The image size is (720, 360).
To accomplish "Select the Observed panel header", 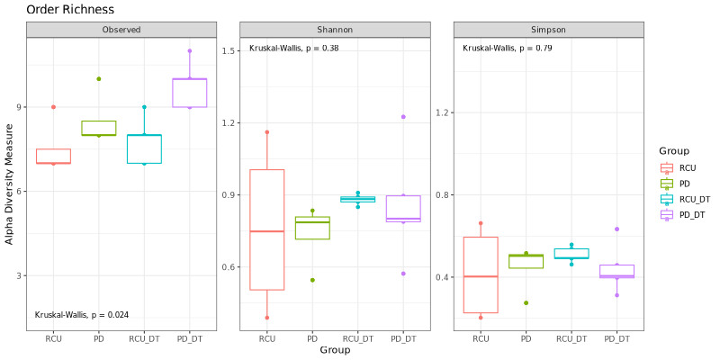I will click(121, 30).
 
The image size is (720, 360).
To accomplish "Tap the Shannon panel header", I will click(334, 30).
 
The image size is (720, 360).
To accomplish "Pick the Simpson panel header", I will click(548, 30).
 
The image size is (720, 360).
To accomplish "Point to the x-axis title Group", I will click(334, 349).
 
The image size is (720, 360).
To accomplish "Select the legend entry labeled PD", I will click(685, 183).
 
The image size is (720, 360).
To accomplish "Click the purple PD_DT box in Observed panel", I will click(190, 93).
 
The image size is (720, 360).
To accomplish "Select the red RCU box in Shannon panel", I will click(267, 229).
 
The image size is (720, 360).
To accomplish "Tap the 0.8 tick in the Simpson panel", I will click(443, 194).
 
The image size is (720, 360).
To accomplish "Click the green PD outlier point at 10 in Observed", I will click(99, 79).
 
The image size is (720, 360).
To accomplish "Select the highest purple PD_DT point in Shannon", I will click(403, 116).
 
